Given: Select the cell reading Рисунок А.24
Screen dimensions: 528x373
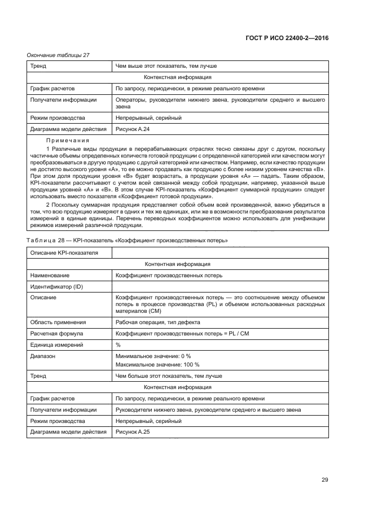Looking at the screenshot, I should [x=133, y=129].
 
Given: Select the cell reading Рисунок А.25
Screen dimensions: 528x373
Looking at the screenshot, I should [x=133, y=432].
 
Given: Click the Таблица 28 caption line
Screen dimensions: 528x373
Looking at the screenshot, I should [x=128, y=241].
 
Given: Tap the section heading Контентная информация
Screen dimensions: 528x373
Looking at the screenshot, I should [x=178, y=264].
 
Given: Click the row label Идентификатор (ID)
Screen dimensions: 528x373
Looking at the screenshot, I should [x=56, y=286].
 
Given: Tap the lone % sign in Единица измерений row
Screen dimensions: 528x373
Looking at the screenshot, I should [x=118, y=344].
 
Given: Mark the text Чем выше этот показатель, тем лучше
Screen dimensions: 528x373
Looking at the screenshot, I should [x=166, y=66].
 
